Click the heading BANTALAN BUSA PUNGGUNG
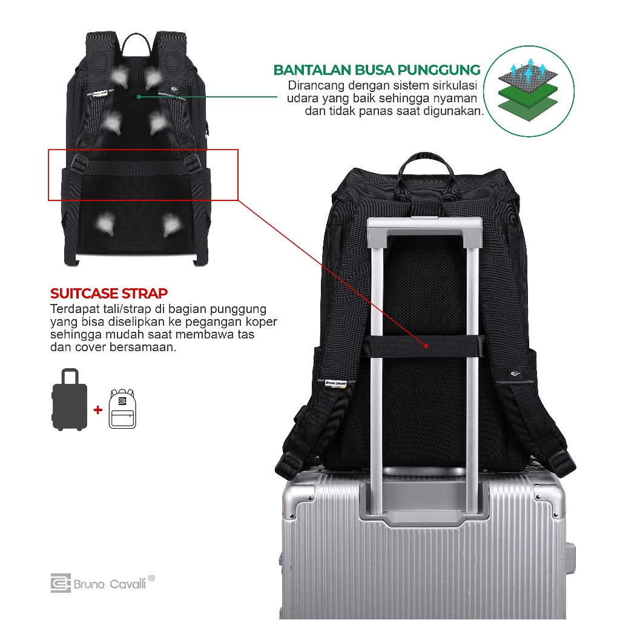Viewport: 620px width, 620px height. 377,70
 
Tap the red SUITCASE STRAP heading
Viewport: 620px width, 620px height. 109,294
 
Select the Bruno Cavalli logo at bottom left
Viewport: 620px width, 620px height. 103,584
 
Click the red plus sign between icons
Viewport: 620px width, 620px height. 97,410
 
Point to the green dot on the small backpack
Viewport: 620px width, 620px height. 139,96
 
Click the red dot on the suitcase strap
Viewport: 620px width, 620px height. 426,346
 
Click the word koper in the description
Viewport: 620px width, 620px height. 262,322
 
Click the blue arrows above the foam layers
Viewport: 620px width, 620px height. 527,70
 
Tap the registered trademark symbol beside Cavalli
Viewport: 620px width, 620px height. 151,579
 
